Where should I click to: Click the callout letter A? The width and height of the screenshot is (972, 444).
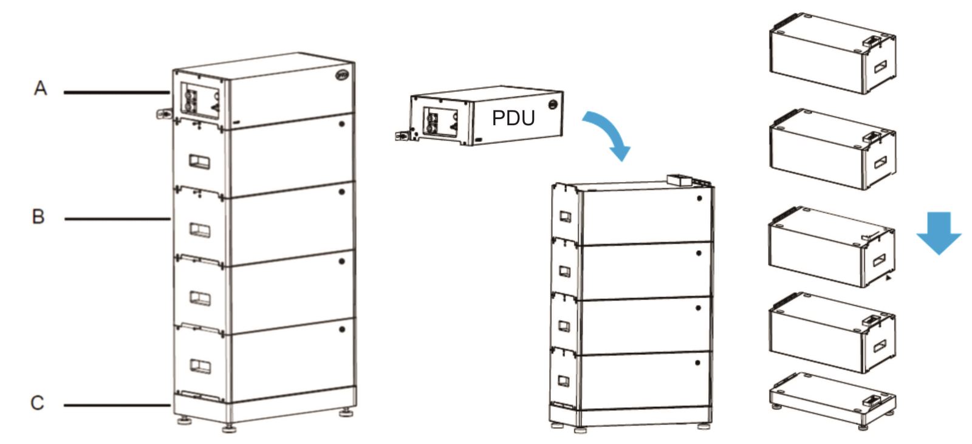coord(40,89)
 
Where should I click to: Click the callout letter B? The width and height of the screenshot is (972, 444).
coord(38,216)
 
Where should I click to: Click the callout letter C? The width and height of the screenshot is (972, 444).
coord(38,403)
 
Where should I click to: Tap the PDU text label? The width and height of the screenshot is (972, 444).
coord(513,118)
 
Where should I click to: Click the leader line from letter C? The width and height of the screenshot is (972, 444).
coord(115,405)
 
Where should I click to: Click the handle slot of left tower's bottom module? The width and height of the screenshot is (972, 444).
coord(200,366)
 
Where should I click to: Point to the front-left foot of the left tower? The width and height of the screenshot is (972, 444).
coord(229,428)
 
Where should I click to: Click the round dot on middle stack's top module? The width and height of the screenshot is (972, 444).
coord(699,199)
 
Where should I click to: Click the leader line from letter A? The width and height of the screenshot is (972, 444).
coord(115,92)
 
